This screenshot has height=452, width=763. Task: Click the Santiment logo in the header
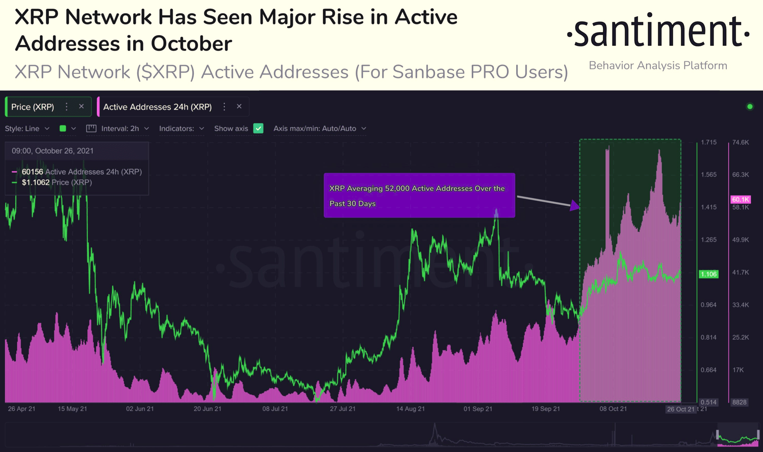click(x=658, y=31)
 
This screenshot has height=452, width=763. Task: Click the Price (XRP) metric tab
click(x=33, y=107)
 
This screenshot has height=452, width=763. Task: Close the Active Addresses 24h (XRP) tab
click(x=239, y=107)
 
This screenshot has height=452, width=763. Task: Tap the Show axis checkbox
click(x=258, y=128)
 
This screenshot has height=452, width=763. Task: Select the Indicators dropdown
click(x=182, y=128)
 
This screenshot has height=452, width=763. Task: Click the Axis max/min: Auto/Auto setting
click(x=320, y=128)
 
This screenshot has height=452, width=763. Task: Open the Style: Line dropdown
click(x=27, y=128)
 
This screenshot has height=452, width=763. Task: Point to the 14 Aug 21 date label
click(x=410, y=409)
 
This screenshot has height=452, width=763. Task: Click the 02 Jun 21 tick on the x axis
click(x=140, y=409)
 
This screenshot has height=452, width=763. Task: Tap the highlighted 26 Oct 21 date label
click(x=680, y=409)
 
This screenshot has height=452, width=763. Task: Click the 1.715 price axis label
click(x=708, y=142)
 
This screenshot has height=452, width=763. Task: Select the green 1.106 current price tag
click(x=708, y=274)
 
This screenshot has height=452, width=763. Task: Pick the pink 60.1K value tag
click(x=741, y=199)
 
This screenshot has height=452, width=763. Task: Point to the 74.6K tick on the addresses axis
click(x=741, y=142)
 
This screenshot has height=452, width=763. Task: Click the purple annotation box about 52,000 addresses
click(x=419, y=195)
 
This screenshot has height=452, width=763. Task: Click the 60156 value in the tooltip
click(x=32, y=172)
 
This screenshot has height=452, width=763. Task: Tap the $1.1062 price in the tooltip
click(x=35, y=182)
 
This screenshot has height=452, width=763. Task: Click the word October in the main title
click(x=191, y=43)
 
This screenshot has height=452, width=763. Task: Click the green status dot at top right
click(x=750, y=107)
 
